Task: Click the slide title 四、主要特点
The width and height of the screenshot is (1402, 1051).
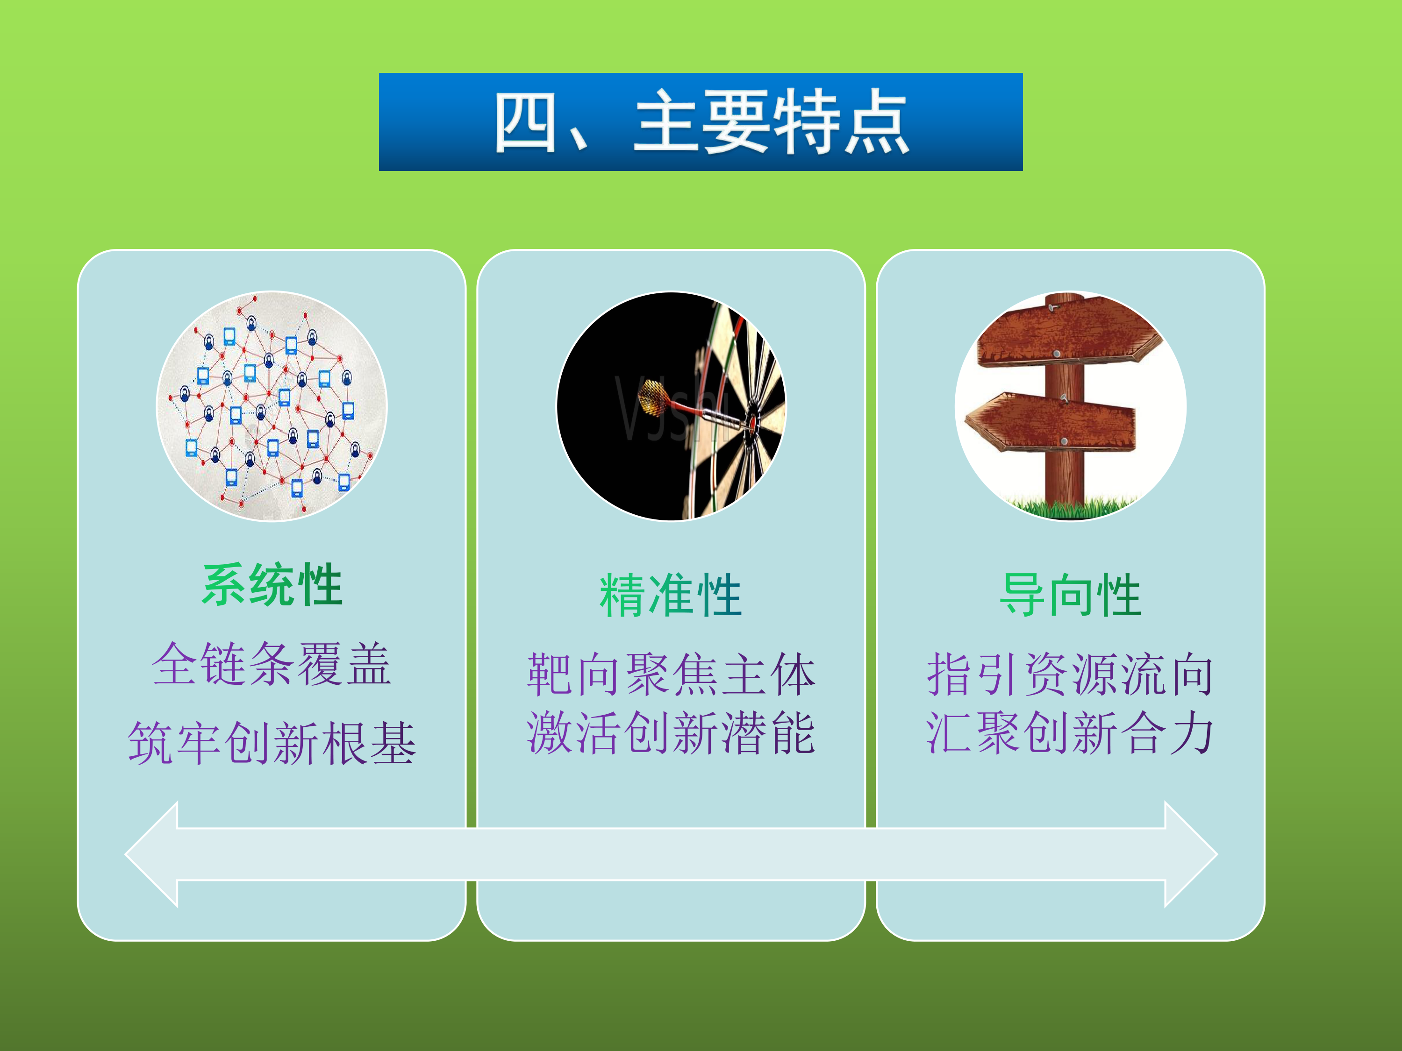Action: click(701, 121)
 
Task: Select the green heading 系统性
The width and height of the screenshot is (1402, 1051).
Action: click(272, 585)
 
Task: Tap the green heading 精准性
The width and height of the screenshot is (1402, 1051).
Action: click(671, 595)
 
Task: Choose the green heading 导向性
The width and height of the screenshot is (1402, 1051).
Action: click(1070, 595)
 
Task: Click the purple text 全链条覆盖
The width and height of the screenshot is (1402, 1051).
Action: click(272, 664)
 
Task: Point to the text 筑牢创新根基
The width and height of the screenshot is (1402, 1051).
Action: click(272, 743)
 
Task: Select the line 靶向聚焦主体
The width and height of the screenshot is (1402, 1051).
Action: click(671, 675)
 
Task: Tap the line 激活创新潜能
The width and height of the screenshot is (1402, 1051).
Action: click(671, 733)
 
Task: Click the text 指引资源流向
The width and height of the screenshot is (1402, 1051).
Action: click(1070, 675)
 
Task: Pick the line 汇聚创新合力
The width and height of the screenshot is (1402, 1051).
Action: click(1070, 733)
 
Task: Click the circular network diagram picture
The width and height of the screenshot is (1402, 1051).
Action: click(272, 406)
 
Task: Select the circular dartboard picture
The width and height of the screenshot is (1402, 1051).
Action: click(671, 406)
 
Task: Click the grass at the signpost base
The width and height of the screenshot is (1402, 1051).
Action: click(1071, 507)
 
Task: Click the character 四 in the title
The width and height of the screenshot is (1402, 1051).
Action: click(525, 121)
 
